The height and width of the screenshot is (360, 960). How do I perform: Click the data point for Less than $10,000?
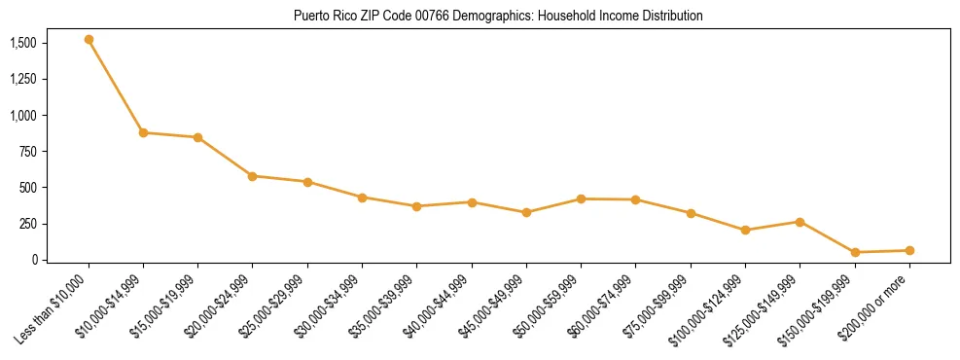89,40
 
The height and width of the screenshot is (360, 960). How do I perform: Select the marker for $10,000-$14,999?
143,132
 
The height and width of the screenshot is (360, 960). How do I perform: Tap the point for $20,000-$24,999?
253,176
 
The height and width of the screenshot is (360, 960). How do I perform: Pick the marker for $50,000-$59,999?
581,198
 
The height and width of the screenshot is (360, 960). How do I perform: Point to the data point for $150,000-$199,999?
855,252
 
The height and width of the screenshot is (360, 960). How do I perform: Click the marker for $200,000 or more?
909,250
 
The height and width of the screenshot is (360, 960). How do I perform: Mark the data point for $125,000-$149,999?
800,222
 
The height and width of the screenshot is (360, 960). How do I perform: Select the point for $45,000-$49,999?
526,212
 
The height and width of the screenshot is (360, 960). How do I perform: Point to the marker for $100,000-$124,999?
745,231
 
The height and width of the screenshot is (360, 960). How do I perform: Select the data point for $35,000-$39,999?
416,206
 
